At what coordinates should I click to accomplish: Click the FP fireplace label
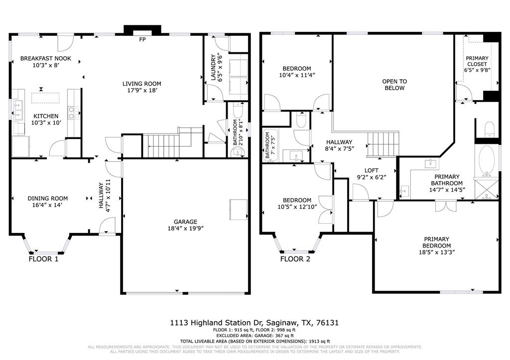(142, 39)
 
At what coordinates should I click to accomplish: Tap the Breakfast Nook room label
(45, 58)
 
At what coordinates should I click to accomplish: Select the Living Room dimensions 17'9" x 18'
(142, 91)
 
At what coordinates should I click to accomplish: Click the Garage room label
(185, 222)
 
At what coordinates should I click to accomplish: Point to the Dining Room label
(48, 198)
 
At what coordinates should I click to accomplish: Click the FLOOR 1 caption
(43, 259)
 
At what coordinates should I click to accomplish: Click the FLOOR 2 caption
(295, 259)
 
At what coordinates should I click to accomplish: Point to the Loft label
(372, 170)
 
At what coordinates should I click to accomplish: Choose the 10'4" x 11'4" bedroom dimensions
(297, 75)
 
